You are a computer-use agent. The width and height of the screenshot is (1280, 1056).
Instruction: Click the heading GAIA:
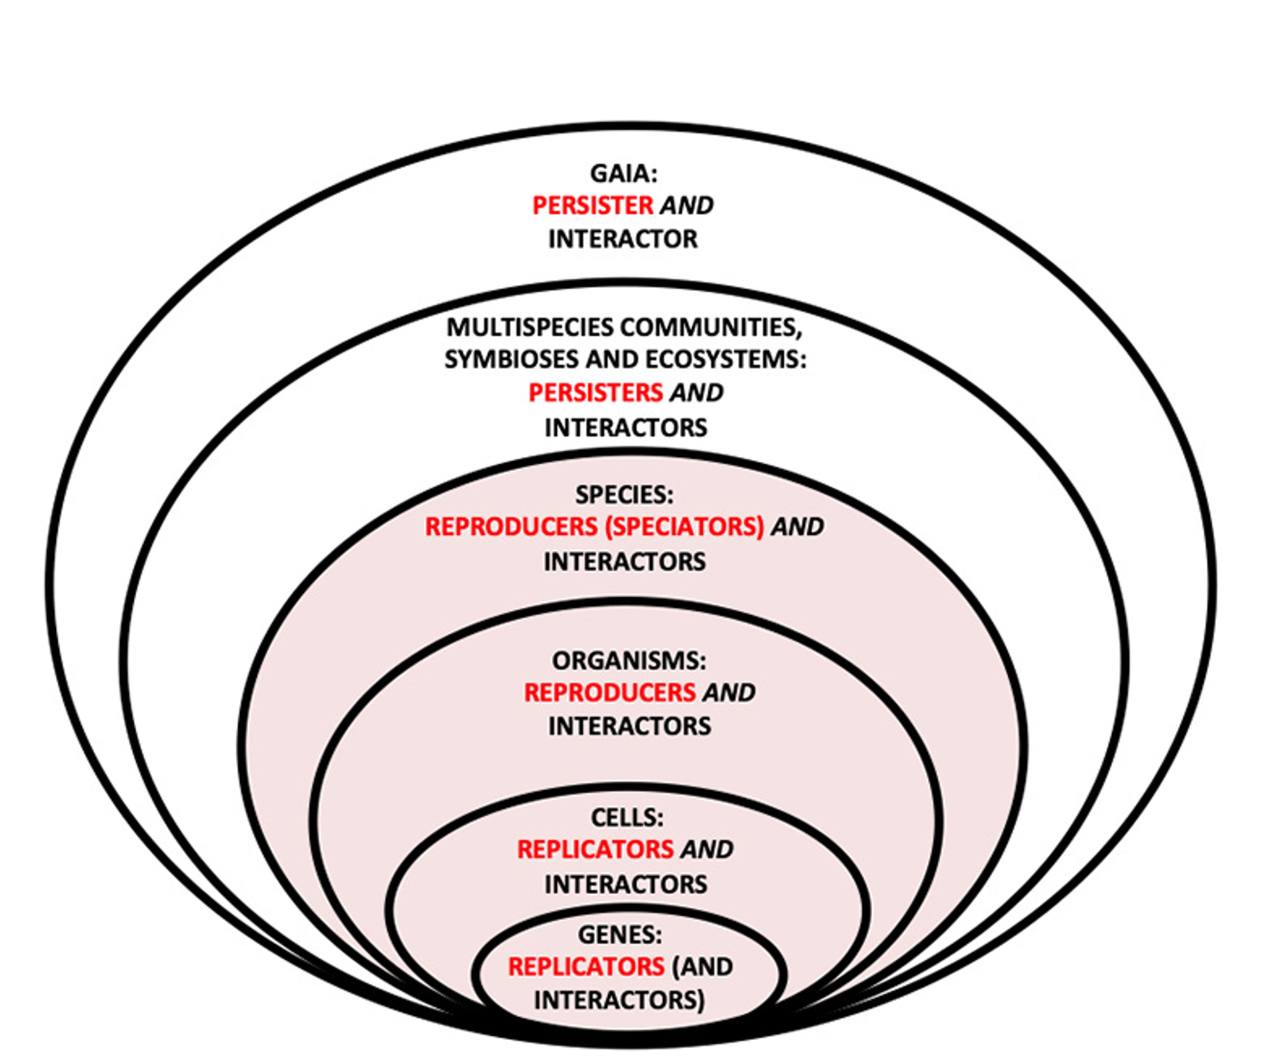pos(623,173)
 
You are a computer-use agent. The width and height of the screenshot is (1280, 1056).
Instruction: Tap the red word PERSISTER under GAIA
pos(592,205)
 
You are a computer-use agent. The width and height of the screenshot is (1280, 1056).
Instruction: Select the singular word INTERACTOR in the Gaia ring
pos(623,239)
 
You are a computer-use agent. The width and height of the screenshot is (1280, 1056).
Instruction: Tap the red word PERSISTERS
pos(595,393)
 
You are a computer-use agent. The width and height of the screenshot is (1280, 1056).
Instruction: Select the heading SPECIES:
pos(624,494)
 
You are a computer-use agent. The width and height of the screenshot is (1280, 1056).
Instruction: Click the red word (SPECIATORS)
pos(684,527)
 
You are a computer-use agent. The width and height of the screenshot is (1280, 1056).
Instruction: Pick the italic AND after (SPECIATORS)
pos(797,527)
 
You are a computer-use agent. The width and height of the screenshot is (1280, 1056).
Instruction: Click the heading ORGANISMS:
pos(629,660)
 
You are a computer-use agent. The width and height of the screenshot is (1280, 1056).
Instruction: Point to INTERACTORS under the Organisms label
pos(629,726)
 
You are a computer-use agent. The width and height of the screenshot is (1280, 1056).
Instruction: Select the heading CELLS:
pos(627,817)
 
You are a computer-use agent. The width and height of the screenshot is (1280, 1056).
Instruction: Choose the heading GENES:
pos(620,935)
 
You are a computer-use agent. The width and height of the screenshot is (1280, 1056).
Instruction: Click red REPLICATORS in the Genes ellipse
pos(586,967)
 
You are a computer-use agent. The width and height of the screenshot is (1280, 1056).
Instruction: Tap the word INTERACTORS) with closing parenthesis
pos(619,1000)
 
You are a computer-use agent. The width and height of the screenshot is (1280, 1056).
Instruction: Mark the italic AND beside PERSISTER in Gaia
pos(687,205)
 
